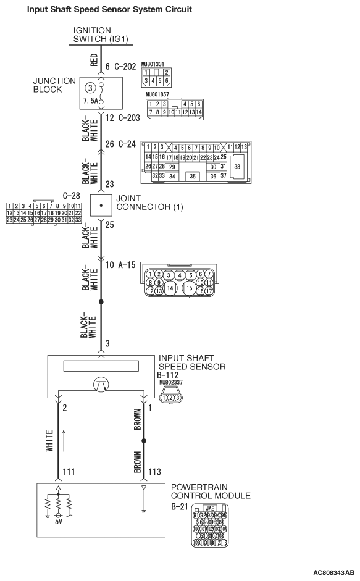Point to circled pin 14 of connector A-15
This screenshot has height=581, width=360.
[x=170, y=286]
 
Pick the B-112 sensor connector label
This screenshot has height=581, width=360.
[x=170, y=375]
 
